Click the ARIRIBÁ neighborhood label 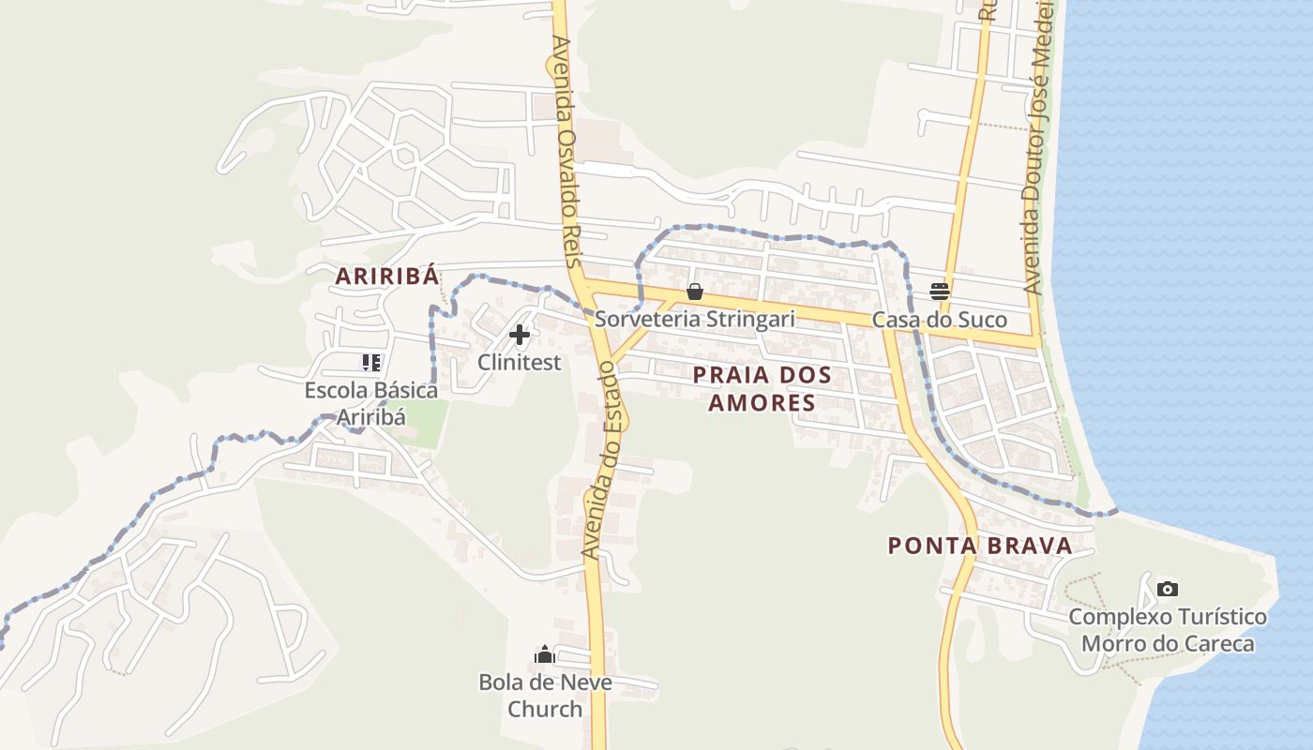387,276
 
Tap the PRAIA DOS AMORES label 762,388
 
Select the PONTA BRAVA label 979,545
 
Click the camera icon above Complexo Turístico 1167,589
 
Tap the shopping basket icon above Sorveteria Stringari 695,292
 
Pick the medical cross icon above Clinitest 520,335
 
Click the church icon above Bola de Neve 545,654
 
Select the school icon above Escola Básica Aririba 371,363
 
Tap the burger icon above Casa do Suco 940,292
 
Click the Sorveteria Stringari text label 695,319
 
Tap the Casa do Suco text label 940,320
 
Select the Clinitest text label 520,362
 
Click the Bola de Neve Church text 545,695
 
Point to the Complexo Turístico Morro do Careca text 1167,630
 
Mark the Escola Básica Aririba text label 371,403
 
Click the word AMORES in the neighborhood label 762,403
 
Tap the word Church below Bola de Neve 545,709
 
